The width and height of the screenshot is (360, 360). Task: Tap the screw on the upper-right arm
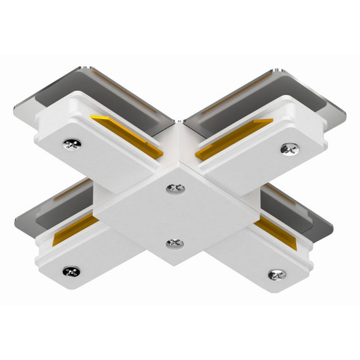click(286, 147)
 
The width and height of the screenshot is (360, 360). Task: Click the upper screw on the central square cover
click(174, 186)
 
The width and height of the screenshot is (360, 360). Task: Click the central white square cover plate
click(173, 215)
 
